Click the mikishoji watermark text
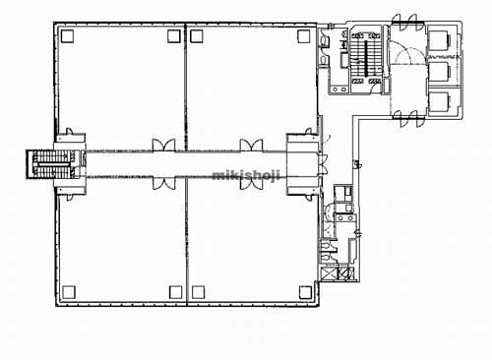(246, 175)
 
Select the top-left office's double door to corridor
(163, 145)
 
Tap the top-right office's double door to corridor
(251, 145)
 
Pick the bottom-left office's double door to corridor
(163, 183)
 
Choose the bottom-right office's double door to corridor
(251, 183)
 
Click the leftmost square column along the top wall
(67, 35)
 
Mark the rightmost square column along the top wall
(304, 36)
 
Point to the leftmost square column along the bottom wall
(69, 292)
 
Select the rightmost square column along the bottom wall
(305, 292)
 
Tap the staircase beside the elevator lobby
(366, 59)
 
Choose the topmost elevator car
(440, 40)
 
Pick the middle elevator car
(440, 72)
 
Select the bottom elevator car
(440, 101)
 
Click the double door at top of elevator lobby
(408, 23)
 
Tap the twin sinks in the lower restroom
(345, 218)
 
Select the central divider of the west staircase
(53, 164)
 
